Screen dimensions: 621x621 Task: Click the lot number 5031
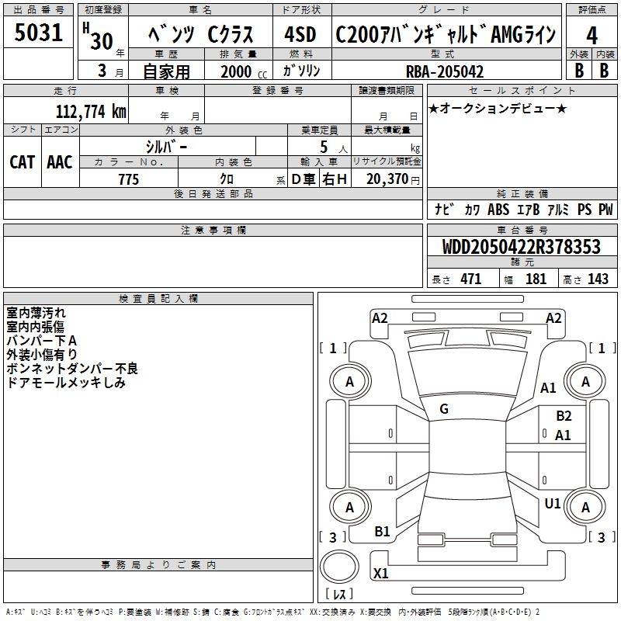point(38,33)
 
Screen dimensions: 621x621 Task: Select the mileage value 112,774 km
point(91,112)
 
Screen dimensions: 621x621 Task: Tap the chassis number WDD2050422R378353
point(521,247)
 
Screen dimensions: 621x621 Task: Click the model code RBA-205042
point(445,71)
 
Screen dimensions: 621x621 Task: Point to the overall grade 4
point(592,36)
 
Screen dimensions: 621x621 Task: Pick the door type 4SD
point(300,34)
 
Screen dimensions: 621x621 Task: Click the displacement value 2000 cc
point(244,71)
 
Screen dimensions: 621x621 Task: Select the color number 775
point(128,179)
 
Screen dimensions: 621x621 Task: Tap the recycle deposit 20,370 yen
point(393,179)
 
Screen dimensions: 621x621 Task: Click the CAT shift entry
point(22,162)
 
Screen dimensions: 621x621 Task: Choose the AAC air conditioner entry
point(60,162)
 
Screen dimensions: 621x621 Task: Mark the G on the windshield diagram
point(444,409)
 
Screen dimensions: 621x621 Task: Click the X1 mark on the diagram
point(380,573)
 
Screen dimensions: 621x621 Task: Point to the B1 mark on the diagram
point(382,532)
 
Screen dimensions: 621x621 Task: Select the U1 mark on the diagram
point(553,504)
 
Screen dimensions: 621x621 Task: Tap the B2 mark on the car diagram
point(564,416)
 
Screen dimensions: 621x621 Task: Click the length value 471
point(471,279)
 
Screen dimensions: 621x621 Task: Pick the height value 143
point(598,279)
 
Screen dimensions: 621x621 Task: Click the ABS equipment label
point(498,210)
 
